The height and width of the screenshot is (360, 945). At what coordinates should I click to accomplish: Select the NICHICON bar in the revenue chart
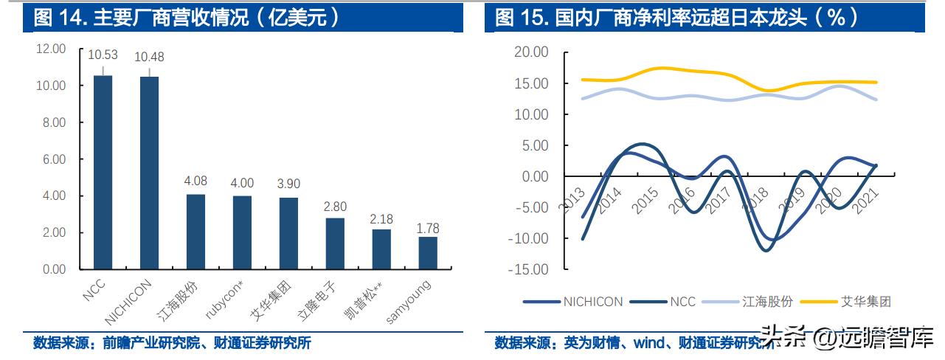[149, 173]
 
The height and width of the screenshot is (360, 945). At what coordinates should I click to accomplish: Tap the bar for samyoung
[428, 253]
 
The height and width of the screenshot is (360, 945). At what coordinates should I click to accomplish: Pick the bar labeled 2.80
[335, 243]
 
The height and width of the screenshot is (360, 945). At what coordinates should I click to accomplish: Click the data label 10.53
[103, 55]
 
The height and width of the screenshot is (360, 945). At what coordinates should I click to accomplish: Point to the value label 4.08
[195, 180]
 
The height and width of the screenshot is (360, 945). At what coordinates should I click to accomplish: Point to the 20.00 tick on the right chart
[531, 52]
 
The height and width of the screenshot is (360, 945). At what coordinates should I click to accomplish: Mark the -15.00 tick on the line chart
[529, 269]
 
